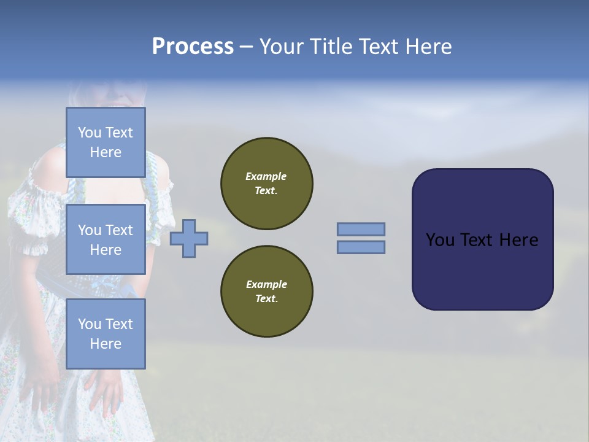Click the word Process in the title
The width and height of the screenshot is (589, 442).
point(193,47)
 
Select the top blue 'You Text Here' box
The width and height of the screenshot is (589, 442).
point(106,142)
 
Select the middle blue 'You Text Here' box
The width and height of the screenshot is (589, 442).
point(106,239)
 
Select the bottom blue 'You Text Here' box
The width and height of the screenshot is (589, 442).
point(106,333)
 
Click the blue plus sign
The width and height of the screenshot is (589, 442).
point(189,239)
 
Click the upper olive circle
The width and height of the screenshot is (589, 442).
point(266,184)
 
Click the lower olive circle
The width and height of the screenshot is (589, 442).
point(266,292)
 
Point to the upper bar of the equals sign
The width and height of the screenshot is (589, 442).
point(361,230)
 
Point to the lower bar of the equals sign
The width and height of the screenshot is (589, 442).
point(361,247)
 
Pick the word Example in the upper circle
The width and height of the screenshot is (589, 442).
point(266,176)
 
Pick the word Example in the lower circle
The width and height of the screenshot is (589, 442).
point(266,284)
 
